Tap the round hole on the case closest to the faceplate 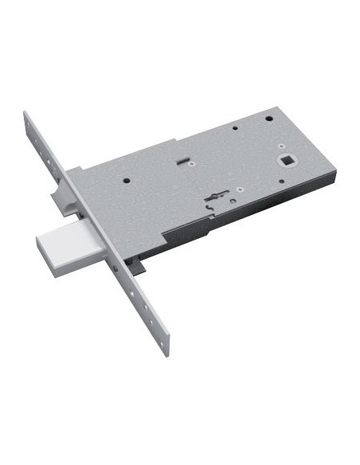coord(127,181)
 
